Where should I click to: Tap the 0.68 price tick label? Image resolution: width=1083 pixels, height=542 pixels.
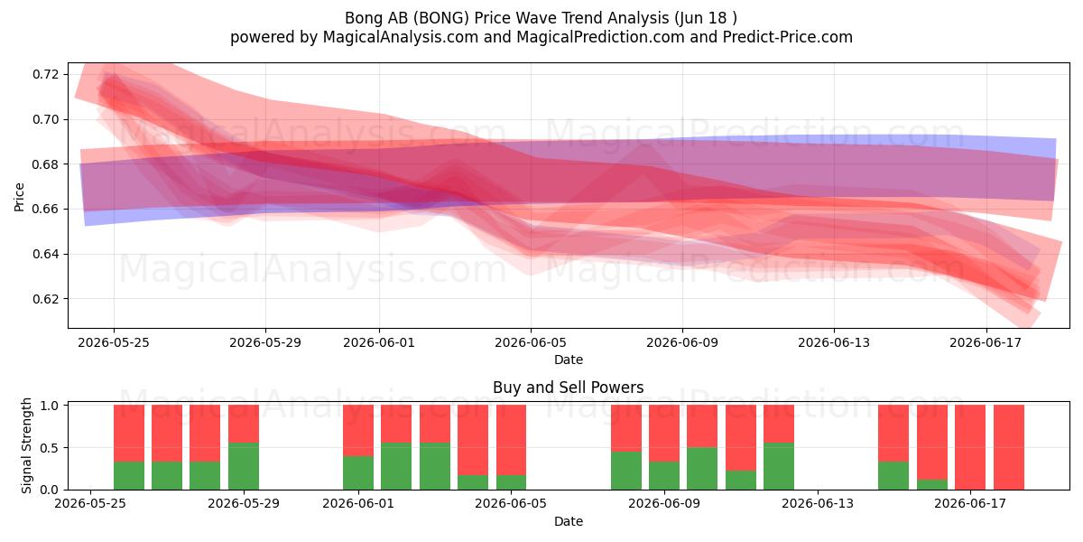coord(45,164)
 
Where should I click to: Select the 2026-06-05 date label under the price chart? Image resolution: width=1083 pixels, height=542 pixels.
coord(531,342)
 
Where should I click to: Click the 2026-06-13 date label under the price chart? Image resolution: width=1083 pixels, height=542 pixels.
coord(834,342)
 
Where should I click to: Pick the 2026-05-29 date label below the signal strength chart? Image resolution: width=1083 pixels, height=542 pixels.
coord(244,503)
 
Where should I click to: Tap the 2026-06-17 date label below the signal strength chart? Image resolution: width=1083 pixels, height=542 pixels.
coord(970,503)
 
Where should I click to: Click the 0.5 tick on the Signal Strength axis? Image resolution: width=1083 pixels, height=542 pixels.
coord(50,448)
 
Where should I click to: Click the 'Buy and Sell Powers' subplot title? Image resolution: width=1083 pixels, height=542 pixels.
coord(568,388)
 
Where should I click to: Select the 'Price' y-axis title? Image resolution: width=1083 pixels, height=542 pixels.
coord(19,197)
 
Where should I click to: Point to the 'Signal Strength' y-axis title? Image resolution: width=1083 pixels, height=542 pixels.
coord(26,445)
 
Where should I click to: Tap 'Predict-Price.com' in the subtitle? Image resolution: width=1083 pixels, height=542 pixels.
coord(788,37)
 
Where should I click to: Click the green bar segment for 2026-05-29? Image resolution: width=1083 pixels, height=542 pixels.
coord(243,466)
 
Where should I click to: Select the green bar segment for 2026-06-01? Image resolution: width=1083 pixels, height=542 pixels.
coord(358,472)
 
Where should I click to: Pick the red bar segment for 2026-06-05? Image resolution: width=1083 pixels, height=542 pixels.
coord(511,440)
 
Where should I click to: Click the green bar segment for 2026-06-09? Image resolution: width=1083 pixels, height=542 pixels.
coord(664,476)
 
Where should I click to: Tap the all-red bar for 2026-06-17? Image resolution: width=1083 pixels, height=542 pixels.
coord(970,447)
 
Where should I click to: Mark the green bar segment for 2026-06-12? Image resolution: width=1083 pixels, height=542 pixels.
coord(779,466)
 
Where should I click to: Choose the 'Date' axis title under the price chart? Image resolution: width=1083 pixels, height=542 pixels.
coord(568,360)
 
